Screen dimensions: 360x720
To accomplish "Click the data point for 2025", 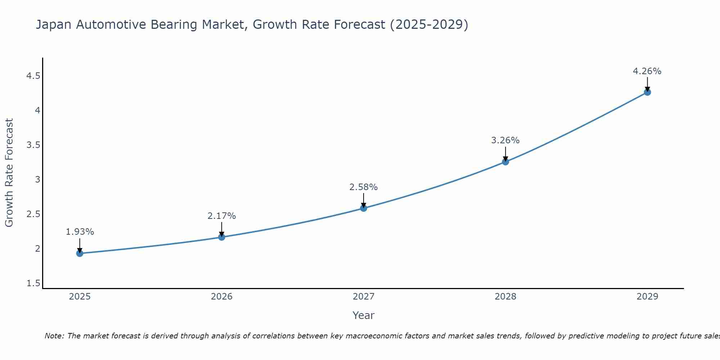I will (x=80, y=253).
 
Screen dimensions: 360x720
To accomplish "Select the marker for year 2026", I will (x=222, y=237).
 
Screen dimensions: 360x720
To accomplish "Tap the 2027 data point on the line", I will (x=364, y=208).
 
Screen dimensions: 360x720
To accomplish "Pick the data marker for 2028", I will (x=505, y=162).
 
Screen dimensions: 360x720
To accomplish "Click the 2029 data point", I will (x=647, y=92).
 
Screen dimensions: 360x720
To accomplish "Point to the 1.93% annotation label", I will (x=80, y=232).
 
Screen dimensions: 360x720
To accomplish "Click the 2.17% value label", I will (x=222, y=216).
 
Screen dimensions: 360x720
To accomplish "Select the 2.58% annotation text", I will (x=364, y=187).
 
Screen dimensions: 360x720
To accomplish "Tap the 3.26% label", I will (x=505, y=140).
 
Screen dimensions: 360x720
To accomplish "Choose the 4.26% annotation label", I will (x=647, y=71).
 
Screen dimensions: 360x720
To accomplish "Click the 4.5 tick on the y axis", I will (x=33, y=76).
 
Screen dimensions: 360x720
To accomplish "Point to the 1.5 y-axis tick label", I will (x=33, y=283).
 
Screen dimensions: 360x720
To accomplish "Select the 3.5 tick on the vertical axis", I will (x=33, y=145).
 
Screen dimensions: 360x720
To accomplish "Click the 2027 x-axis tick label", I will (x=364, y=297).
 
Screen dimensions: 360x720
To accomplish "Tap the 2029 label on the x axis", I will (x=647, y=297).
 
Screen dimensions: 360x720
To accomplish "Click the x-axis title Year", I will (x=364, y=315).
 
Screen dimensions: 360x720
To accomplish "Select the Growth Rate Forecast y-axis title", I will (x=9, y=173).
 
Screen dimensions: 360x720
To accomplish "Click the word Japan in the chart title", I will (x=54, y=25).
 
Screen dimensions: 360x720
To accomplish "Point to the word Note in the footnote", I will (x=54, y=336).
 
